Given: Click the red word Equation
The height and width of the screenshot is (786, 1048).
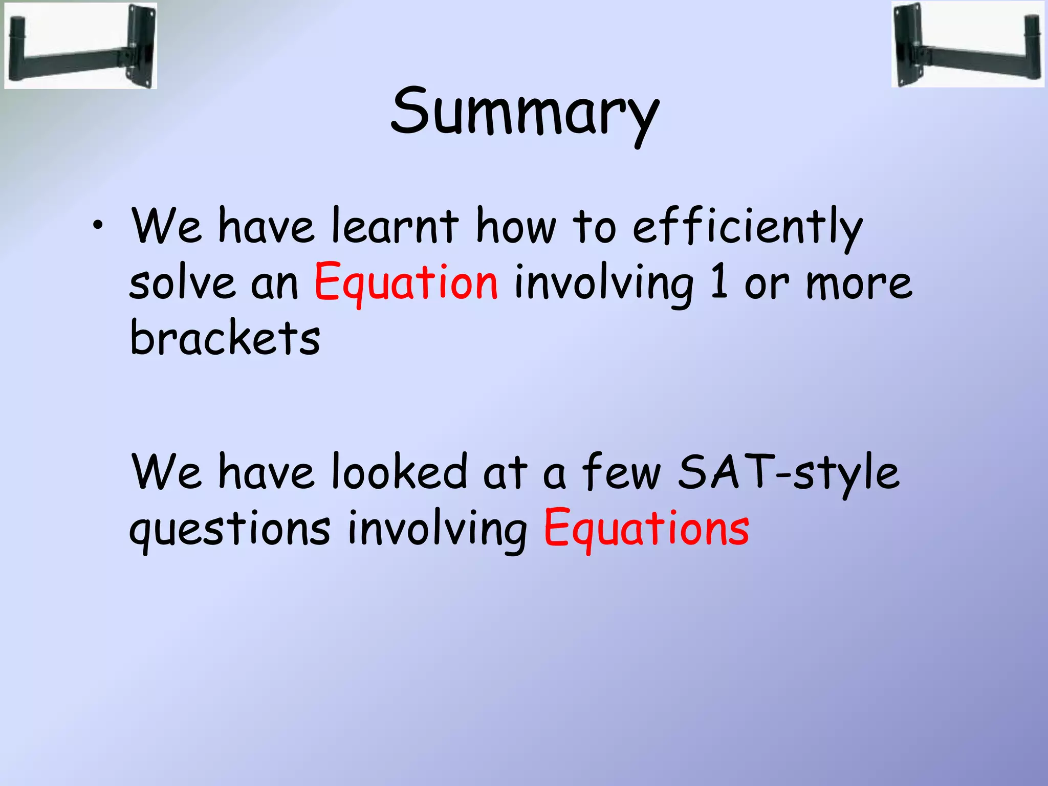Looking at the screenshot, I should [x=405, y=282].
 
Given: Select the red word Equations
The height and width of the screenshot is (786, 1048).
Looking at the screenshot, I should [x=646, y=528].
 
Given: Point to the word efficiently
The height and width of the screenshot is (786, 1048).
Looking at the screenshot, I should [x=747, y=227].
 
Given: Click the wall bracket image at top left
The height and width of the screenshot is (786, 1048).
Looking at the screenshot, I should [x=80, y=45].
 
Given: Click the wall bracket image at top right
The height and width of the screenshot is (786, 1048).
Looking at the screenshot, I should [x=967, y=45].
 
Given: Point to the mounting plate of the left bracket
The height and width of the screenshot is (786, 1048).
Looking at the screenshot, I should [x=141, y=45].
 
